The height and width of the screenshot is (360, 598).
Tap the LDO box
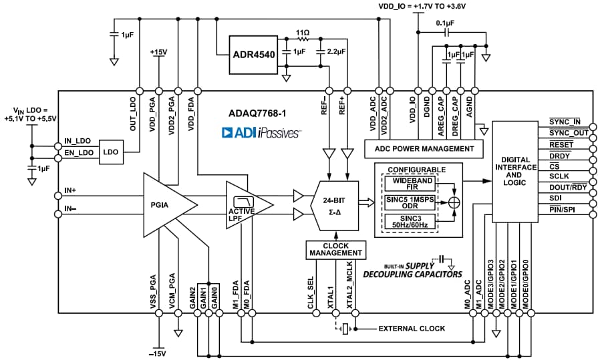(x=110, y=152)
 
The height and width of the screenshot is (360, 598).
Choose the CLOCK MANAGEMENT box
(x=337, y=250)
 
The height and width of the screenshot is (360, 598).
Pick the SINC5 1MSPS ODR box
(x=413, y=202)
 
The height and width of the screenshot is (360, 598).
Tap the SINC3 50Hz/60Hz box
(x=413, y=220)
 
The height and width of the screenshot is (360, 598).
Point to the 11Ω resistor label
(x=303, y=31)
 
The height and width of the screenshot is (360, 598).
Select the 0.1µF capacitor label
(x=444, y=22)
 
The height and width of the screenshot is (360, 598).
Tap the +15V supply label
(x=158, y=52)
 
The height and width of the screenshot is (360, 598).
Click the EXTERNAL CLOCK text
(x=412, y=329)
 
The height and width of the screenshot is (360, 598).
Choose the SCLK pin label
(x=559, y=177)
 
